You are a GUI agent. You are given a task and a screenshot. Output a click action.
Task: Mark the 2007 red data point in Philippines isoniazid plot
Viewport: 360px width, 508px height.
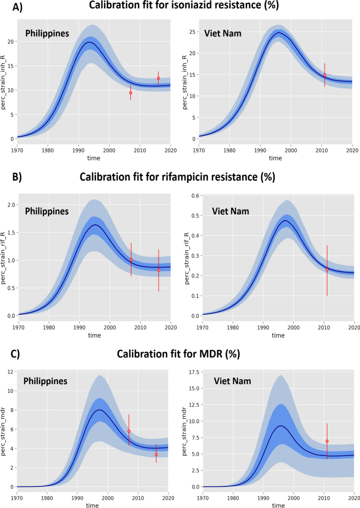tap(130, 93)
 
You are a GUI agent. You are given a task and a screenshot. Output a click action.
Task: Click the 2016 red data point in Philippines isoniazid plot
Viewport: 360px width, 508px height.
tap(158, 78)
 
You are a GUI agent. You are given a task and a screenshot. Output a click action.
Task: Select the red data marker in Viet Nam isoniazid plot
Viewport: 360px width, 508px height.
tap(325, 75)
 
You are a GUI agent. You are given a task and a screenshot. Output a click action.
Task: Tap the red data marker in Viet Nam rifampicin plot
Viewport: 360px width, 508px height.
tap(327, 269)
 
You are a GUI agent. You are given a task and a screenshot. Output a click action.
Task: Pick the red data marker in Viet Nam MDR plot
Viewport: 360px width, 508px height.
tap(327, 441)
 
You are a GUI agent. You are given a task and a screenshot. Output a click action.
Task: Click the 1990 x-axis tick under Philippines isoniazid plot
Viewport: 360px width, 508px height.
tap(78, 149)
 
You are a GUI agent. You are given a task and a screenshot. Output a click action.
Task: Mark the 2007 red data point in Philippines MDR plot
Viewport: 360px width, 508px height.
tap(129, 431)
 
